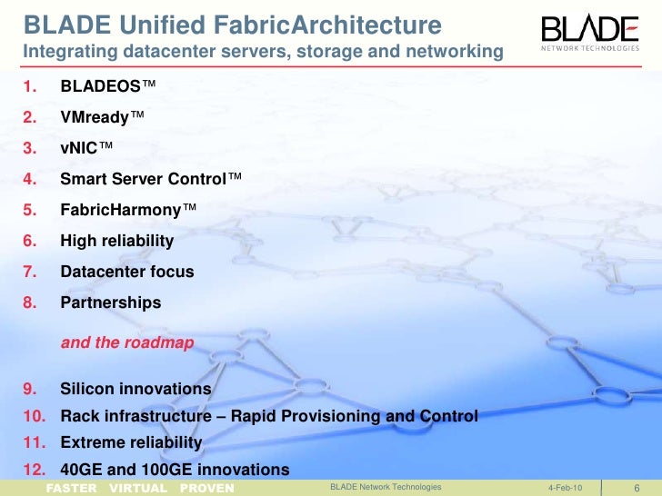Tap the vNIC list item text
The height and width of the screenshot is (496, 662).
(81, 150)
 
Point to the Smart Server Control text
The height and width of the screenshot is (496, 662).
(144, 180)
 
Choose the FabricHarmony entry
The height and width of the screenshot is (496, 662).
(121, 211)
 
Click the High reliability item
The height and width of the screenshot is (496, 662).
(116, 242)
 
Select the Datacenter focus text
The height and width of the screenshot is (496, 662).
(126, 272)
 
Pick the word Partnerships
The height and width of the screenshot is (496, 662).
(110, 303)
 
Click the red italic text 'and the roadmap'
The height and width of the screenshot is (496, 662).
(126, 343)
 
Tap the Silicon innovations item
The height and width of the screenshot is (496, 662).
(135, 389)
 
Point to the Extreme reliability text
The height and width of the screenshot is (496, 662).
(131, 442)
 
